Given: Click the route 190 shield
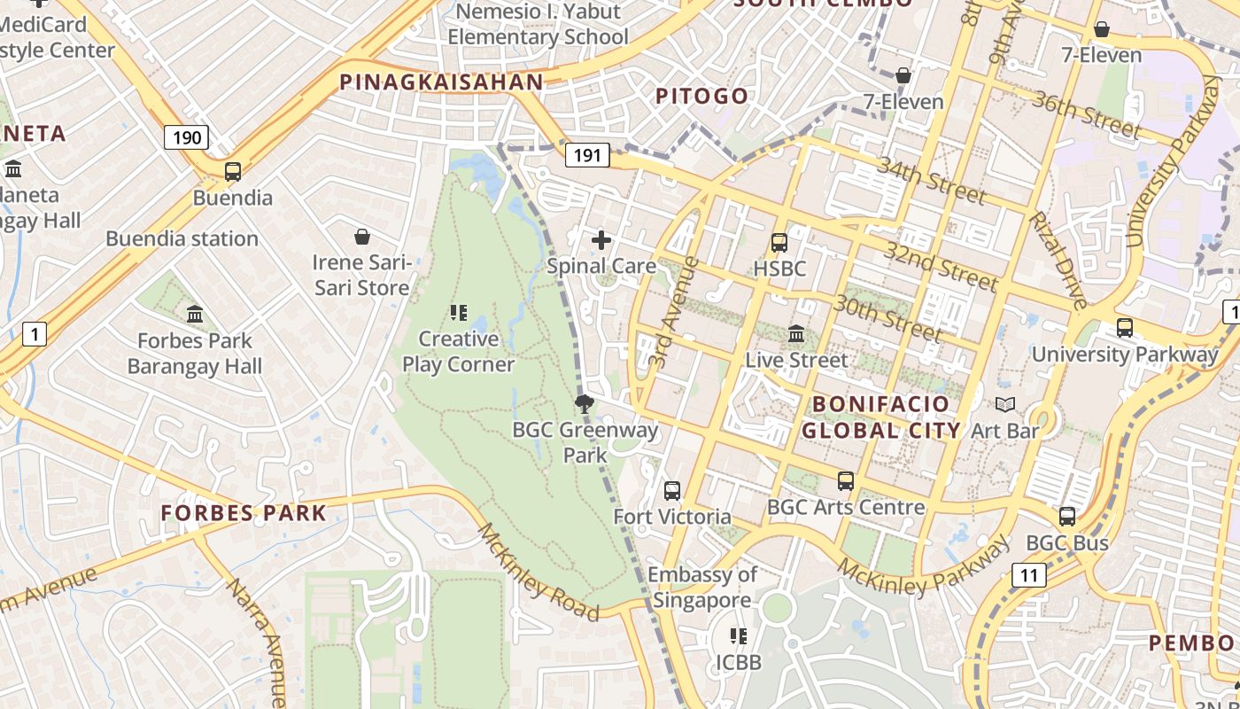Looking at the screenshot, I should coord(186,137).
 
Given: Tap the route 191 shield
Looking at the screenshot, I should coord(587,156).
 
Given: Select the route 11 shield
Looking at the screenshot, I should coord(1028,575).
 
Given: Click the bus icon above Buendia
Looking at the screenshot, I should coord(233,172).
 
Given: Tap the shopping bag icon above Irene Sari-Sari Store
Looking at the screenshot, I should coord(362,237).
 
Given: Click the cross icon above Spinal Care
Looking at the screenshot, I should coord(601,240).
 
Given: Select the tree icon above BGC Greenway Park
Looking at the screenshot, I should coord(584,405).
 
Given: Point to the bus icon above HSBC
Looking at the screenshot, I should coord(779,243).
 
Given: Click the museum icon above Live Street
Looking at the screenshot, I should coord(796,335).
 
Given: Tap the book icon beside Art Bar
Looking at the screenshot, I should coord(1004,405).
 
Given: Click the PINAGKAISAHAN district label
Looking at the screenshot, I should coord(441,82).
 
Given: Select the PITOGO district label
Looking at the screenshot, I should coord(701,96).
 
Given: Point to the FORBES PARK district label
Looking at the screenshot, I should coord(244,512).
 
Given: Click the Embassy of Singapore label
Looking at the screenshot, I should coord(702,587).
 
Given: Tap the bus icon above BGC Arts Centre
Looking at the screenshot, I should coord(846,481).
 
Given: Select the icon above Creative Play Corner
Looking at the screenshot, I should coord(458,312).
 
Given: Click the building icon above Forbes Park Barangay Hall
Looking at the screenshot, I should coord(195,314).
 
